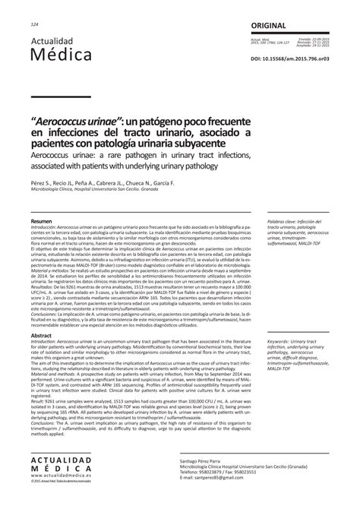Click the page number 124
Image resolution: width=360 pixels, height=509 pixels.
[35, 25]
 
